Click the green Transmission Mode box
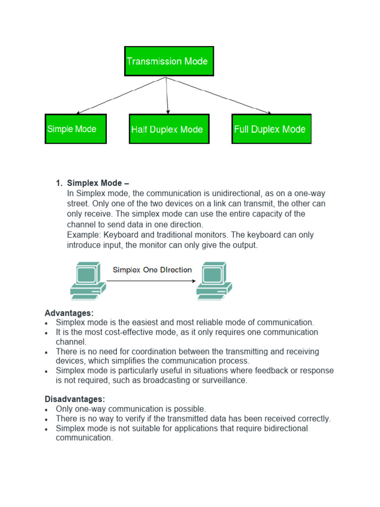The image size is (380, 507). (x=169, y=61)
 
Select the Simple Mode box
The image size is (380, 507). (x=76, y=129)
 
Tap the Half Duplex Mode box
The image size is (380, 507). (x=169, y=129)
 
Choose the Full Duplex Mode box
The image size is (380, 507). (x=272, y=129)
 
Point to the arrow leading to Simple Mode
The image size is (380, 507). (x=121, y=96)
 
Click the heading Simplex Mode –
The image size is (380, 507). (x=98, y=183)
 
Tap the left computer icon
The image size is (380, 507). (x=88, y=281)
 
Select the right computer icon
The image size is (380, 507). (x=214, y=281)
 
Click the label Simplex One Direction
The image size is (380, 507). (x=152, y=270)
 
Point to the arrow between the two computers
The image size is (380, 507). (x=151, y=281)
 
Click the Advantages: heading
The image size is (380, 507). (x=69, y=313)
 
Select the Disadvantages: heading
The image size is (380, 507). (x=75, y=399)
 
